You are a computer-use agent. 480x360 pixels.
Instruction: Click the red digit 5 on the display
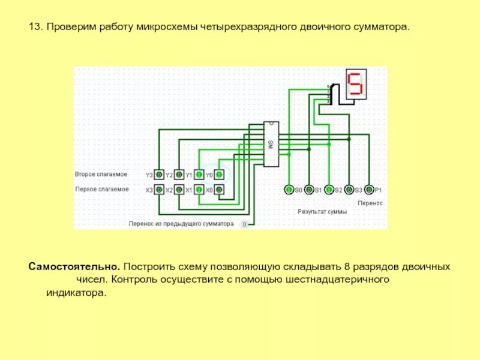point(356,85)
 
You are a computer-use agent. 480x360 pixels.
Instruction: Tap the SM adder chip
point(271,144)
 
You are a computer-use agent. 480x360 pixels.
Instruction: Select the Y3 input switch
point(159,175)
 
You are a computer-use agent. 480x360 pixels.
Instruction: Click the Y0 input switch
point(219,175)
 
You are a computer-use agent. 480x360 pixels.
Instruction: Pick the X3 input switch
point(159,190)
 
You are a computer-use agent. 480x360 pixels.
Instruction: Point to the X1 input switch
point(199,190)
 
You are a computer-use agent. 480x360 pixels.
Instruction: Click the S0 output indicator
point(289,190)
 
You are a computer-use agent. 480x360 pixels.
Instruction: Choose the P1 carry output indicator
point(369,190)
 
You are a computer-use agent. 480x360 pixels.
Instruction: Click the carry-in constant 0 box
point(244,224)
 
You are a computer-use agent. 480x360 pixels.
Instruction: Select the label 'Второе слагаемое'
point(101,174)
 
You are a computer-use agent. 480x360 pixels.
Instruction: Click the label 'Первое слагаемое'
point(102,189)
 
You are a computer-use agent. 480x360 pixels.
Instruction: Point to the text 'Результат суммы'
point(322,212)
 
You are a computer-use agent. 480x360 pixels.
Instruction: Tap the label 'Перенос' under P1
point(370,203)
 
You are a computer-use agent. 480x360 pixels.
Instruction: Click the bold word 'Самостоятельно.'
point(74,266)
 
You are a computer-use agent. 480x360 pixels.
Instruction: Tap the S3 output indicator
point(349,190)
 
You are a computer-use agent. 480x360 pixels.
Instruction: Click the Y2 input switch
point(178,175)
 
